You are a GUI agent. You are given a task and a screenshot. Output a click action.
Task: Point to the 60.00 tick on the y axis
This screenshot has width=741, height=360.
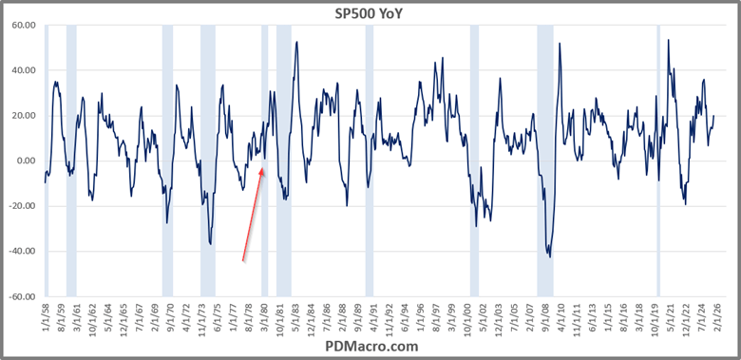(23, 25)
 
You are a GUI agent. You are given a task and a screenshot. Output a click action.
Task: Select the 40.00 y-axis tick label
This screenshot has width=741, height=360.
(23, 70)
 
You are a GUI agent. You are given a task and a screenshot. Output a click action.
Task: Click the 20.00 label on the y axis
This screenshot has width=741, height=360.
(23, 116)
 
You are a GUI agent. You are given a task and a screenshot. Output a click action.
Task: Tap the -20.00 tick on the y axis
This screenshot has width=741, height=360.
(21, 206)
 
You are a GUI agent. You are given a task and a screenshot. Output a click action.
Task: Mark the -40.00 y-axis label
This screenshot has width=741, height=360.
(21, 252)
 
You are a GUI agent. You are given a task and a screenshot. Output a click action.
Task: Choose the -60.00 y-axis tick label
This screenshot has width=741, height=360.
(21, 296)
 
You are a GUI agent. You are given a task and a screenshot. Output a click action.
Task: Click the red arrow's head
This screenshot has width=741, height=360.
(262, 169)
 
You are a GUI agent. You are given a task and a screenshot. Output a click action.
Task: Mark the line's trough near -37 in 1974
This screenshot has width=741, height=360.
(211, 244)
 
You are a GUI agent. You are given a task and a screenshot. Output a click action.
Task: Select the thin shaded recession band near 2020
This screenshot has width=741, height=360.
(658, 161)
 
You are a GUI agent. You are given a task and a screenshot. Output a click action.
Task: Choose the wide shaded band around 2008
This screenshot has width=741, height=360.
(545, 161)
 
